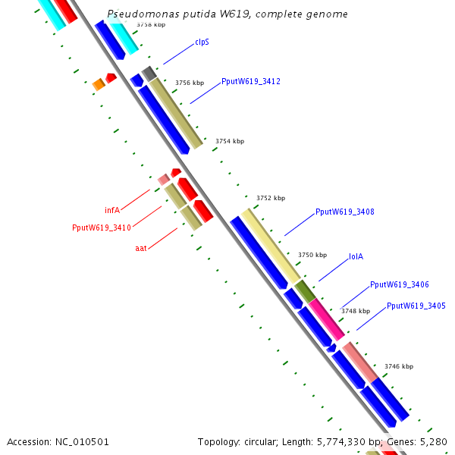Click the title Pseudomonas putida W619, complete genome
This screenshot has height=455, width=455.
point(227,14)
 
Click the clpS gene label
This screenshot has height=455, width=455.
point(202,42)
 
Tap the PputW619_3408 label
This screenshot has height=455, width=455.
point(344,212)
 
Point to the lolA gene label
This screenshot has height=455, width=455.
point(356,256)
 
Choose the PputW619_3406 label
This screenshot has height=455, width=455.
point(399,284)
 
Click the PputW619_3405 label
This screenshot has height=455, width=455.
point(416,306)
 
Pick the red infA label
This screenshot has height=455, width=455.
point(112,210)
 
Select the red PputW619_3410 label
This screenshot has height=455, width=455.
point(102,227)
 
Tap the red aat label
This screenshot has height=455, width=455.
point(141,248)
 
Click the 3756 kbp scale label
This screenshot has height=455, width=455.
point(190,83)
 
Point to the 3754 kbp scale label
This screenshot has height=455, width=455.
point(230,141)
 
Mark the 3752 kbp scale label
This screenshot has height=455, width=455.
point(271,198)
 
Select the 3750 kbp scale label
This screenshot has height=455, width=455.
point(312,255)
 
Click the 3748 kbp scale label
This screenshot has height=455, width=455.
point(355,311)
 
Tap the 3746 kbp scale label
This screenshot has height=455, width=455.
point(398,366)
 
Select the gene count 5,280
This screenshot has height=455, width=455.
point(433,441)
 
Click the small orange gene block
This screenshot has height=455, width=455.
point(99,84)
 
